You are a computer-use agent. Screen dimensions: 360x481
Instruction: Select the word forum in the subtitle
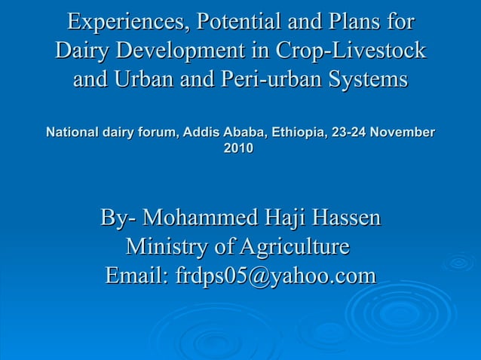pos(156,133)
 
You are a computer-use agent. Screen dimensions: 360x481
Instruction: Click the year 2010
pos(239,149)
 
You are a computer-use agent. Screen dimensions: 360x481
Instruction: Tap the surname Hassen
pos(343,219)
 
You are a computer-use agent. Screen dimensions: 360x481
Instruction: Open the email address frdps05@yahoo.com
pos(274,276)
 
